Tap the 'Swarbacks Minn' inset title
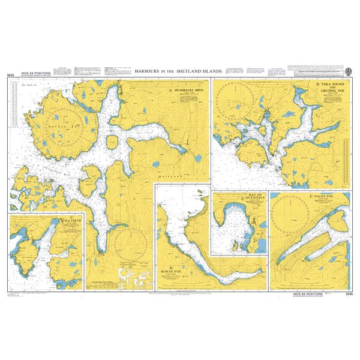point(187,91)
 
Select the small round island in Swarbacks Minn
point(111,143)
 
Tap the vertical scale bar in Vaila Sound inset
point(346,159)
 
